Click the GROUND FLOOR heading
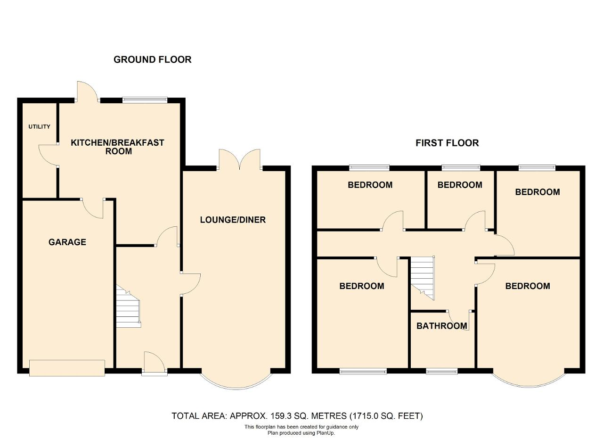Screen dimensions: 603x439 coord(152,59)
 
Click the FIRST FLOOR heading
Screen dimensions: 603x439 coord(447,143)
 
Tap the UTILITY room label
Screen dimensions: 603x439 coord(39,127)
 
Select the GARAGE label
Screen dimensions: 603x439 coord(67,242)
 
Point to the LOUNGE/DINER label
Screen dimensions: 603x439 coord(233,220)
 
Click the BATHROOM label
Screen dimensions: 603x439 coord(442,326)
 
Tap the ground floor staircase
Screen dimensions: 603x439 coord(128,306)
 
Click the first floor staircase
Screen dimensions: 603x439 coord(422,278)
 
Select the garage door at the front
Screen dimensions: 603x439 coord(67,368)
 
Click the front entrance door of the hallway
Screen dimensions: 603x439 coord(155,364)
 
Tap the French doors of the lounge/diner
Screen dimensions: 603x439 coord(240,159)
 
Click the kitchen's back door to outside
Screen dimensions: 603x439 coord(88,91)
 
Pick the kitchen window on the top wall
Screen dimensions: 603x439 coord(145,100)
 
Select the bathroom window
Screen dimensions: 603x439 coord(442,372)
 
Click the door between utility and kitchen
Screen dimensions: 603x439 coord(49,155)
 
